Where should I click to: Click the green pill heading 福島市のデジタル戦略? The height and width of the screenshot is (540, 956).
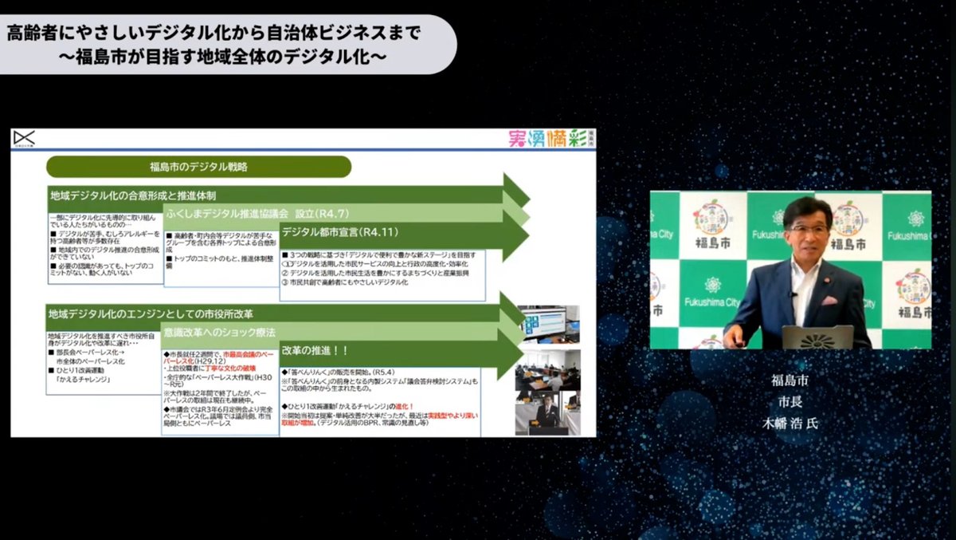(x=198, y=167)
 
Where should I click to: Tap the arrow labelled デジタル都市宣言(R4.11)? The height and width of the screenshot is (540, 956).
(x=340, y=233)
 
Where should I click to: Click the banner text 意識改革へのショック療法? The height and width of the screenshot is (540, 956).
(x=219, y=331)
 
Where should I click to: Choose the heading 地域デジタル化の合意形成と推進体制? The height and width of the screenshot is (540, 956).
(x=132, y=195)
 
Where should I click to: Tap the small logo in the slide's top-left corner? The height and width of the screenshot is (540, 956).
(x=24, y=139)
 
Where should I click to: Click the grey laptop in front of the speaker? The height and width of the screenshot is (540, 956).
(x=817, y=337)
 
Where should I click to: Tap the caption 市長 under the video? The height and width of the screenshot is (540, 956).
(x=789, y=401)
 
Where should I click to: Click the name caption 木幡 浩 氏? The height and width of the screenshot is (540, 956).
(x=789, y=423)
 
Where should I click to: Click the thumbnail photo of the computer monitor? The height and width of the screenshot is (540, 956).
(x=547, y=324)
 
